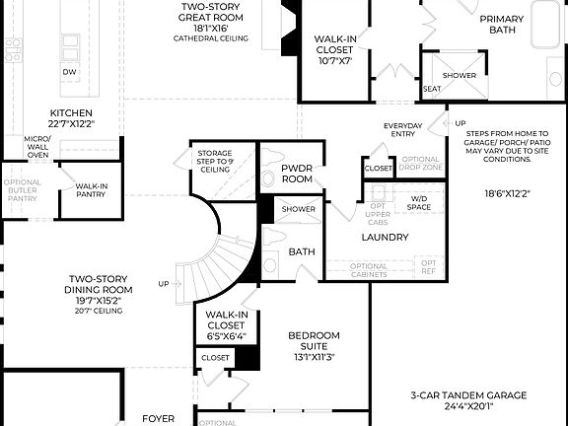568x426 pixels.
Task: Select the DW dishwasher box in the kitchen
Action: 69,72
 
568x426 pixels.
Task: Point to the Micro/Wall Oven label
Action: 37,147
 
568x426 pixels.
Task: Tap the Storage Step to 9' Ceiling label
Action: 215,159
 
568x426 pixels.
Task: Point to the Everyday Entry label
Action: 403,129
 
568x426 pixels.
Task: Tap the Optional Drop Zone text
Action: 420,164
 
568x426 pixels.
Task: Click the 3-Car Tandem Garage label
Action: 468,399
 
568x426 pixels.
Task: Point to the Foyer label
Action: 158,418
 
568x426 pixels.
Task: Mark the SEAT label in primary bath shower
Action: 431,89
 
